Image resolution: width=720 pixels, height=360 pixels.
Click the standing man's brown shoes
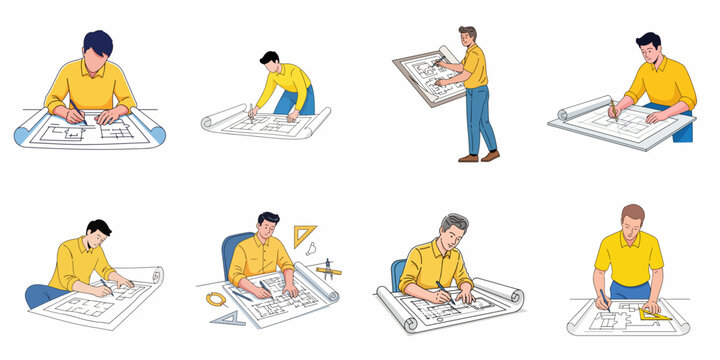pos(479,157)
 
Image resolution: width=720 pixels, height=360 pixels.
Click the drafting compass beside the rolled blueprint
pos(328,268)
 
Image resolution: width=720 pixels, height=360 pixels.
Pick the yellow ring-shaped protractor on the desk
pos(216,298)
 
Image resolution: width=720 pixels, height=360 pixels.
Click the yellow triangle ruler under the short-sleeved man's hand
pos(656,314)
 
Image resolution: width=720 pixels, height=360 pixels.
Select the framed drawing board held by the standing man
pos(424,75)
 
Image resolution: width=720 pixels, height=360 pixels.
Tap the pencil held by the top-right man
pos(613,107)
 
